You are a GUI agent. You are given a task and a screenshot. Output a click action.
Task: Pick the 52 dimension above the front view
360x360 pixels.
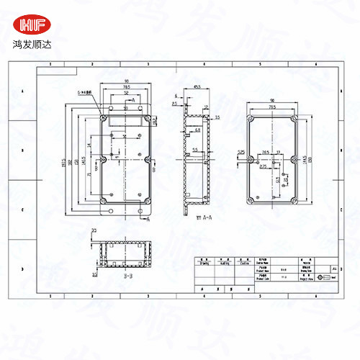(x=126, y=94)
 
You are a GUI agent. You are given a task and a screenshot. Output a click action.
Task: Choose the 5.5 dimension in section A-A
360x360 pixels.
(x=195, y=149)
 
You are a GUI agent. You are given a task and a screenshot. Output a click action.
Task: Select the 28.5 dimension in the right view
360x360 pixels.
(x=266, y=152)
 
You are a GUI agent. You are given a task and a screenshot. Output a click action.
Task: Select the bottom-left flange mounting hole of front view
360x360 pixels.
(x=112, y=211)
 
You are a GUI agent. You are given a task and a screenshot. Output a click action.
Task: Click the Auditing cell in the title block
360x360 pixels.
(x=224, y=264)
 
